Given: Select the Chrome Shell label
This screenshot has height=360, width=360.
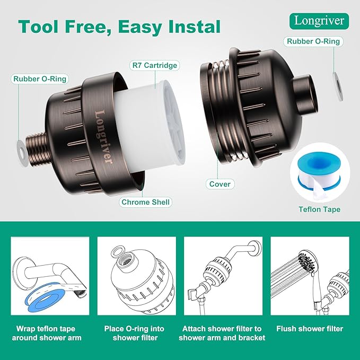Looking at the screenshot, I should (x=146, y=202).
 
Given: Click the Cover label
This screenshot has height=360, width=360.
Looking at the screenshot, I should (x=219, y=184).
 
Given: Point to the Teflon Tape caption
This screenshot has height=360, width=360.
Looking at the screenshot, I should (x=319, y=209).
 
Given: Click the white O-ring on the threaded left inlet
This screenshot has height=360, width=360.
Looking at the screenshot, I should (x=21, y=150).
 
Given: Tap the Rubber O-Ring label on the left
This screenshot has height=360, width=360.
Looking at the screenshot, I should (x=40, y=79).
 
